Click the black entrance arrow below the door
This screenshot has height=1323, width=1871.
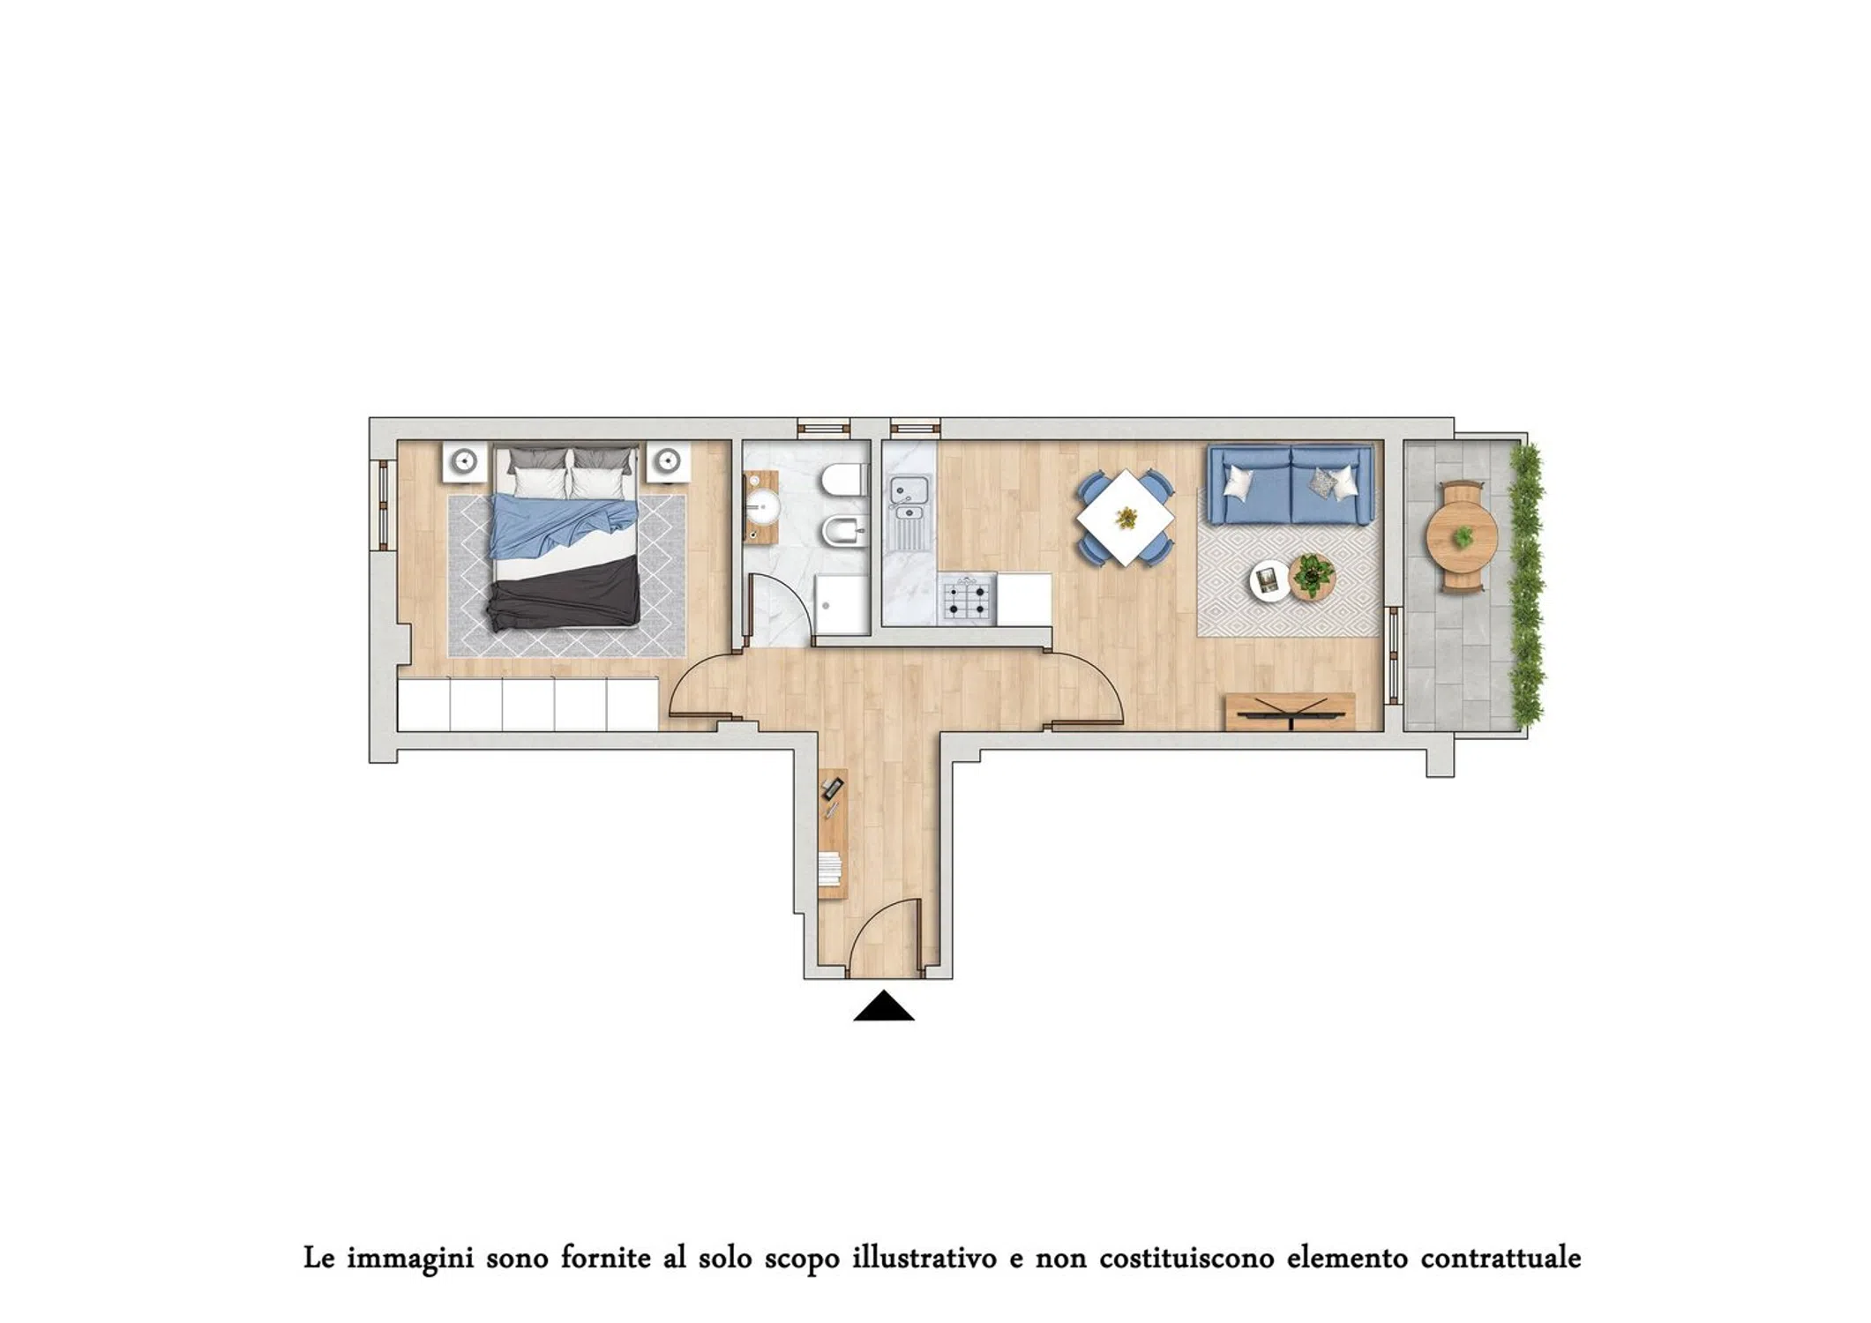[x=883, y=1008]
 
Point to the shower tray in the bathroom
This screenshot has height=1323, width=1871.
[x=842, y=604]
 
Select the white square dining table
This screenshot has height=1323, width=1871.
[x=1126, y=518]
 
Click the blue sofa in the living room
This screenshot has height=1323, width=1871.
[x=1290, y=485]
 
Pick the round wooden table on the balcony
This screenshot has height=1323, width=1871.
[x=1462, y=536]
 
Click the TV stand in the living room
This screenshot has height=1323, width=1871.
[x=1290, y=712]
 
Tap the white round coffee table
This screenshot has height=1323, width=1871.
[x=1269, y=581]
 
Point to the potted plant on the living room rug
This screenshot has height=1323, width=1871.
[x=1312, y=576]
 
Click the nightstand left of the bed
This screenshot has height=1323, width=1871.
[x=464, y=461]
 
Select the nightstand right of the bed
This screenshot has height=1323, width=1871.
[x=668, y=461]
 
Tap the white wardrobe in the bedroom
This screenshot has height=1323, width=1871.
[x=528, y=704]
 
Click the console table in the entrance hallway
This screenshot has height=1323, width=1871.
[x=833, y=833]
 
